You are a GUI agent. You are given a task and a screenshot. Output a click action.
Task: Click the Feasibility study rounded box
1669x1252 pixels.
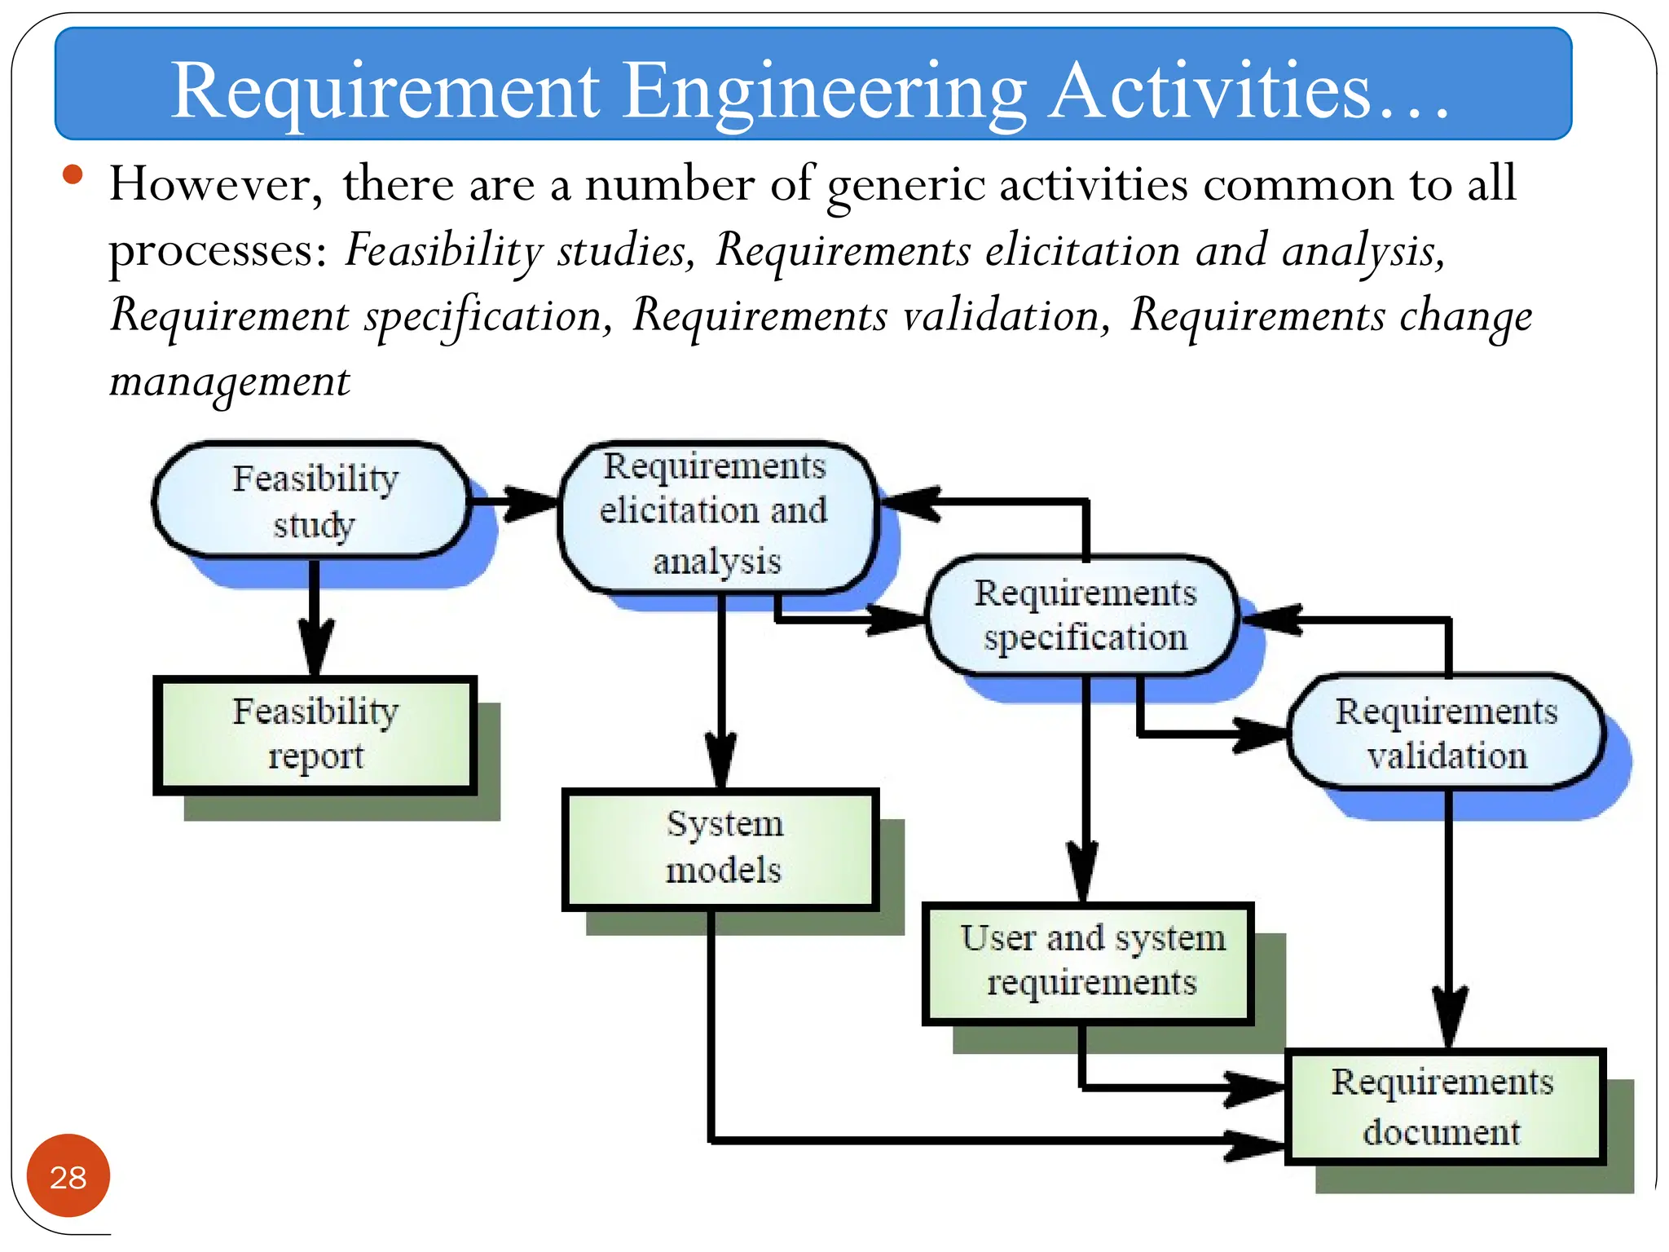coord(314,500)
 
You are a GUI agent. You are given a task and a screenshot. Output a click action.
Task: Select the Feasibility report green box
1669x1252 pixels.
coord(315,734)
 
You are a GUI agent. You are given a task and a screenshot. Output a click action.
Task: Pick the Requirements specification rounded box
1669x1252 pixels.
coord(1084,615)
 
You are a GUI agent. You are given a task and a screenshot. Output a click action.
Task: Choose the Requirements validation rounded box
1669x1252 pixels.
coord(1447,733)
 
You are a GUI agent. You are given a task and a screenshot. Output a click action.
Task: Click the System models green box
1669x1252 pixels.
coord(721,848)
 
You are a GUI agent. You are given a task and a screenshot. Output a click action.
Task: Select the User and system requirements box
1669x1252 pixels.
coord(1089,962)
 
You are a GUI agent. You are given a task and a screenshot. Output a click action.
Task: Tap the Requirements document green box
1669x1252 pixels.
coord(1443,1107)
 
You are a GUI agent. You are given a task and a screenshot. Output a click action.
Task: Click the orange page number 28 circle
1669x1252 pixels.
coord(68,1175)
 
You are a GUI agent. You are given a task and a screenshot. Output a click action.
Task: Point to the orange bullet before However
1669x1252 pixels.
coord(73,175)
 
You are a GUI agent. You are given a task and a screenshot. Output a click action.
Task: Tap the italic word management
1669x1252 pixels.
coord(230,381)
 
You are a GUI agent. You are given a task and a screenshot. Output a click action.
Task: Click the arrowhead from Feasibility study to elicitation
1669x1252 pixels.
coord(534,503)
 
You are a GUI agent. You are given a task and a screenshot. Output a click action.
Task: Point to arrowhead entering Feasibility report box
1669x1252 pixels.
coord(315,649)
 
